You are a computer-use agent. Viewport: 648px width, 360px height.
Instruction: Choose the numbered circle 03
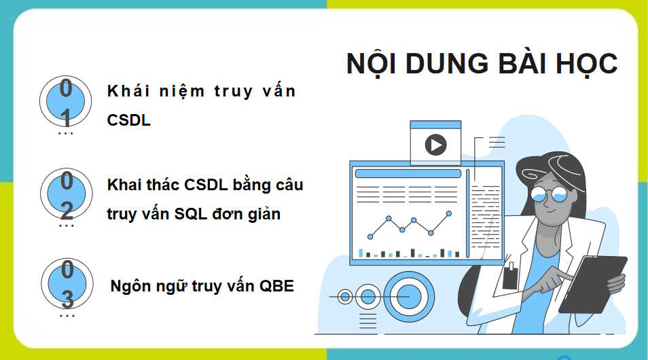click(67, 284)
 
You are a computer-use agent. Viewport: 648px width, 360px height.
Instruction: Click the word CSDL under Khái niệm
click(128, 120)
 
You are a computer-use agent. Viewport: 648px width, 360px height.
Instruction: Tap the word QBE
click(277, 286)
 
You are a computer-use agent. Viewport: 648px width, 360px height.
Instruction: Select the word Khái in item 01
click(127, 91)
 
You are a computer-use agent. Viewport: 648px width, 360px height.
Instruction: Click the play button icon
click(435, 144)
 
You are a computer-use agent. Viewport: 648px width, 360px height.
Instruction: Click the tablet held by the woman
click(592, 284)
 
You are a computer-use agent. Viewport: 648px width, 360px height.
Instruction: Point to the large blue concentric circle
click(409, 295)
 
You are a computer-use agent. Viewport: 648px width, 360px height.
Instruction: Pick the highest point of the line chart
click(448, 213)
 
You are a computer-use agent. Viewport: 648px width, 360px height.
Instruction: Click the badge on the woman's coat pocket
click(510, 277)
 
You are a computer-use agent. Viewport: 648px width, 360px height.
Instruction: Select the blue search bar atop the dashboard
click(408, 174)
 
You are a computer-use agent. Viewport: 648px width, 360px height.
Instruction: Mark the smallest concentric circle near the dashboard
click(345, 296)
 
